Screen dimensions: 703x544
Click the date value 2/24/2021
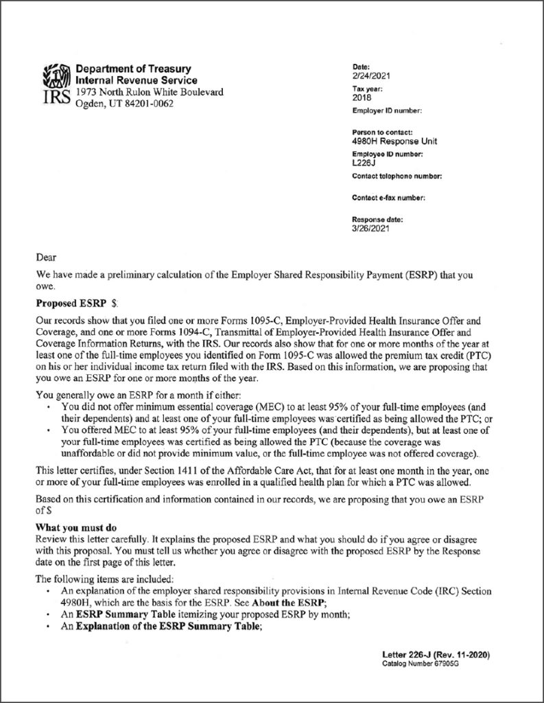pos(367,75)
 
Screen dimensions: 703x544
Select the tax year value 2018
pos(361,98)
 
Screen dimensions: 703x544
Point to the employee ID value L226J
pos(362,164)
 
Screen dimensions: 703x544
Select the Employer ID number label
pos(386,111)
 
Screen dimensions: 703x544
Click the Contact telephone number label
pos(396,176)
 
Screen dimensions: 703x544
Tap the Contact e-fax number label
pos(389,198)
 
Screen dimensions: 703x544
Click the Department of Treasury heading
pos(134,69)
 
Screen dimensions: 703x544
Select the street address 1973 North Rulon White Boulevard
pos(149,92)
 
